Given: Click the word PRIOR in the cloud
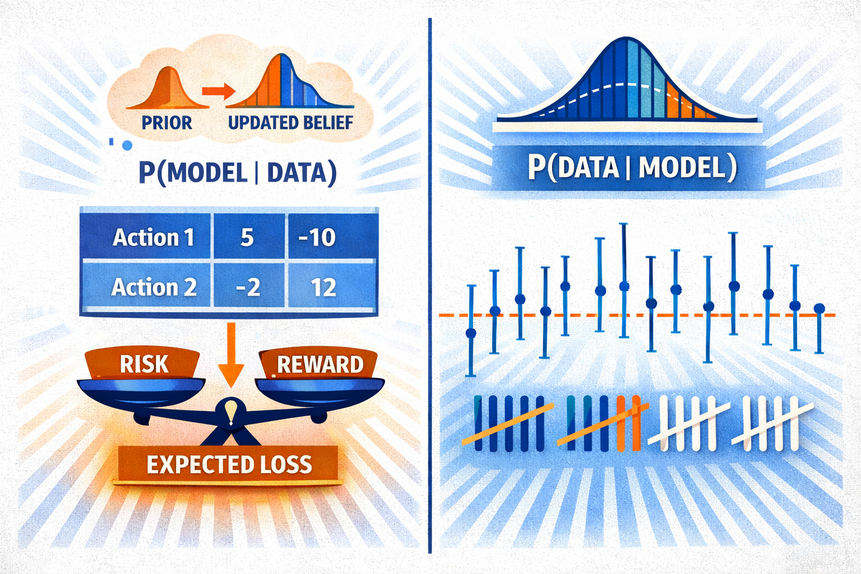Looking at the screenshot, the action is [x=167, y=123].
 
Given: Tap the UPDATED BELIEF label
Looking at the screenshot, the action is [x=290, y=123].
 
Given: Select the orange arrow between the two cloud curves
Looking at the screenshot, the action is [x=218, y=91].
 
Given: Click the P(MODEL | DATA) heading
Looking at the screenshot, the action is [x=238, y=173].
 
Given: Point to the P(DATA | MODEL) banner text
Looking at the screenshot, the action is [x=632, y=168].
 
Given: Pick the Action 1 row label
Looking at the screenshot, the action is [x=154, y=237].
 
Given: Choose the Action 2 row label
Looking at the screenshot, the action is [x=154, y=287].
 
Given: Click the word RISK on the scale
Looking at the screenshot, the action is [x=144, y=364].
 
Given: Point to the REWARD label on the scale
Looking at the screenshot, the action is [x=320, y=364].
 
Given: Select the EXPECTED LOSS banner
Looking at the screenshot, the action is [x=229, y=465].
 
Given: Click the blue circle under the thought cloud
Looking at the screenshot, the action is [x=127, y=145].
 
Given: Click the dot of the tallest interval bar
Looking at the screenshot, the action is [x=624, y=286].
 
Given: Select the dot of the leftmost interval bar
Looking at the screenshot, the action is [x=471, y=333].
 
